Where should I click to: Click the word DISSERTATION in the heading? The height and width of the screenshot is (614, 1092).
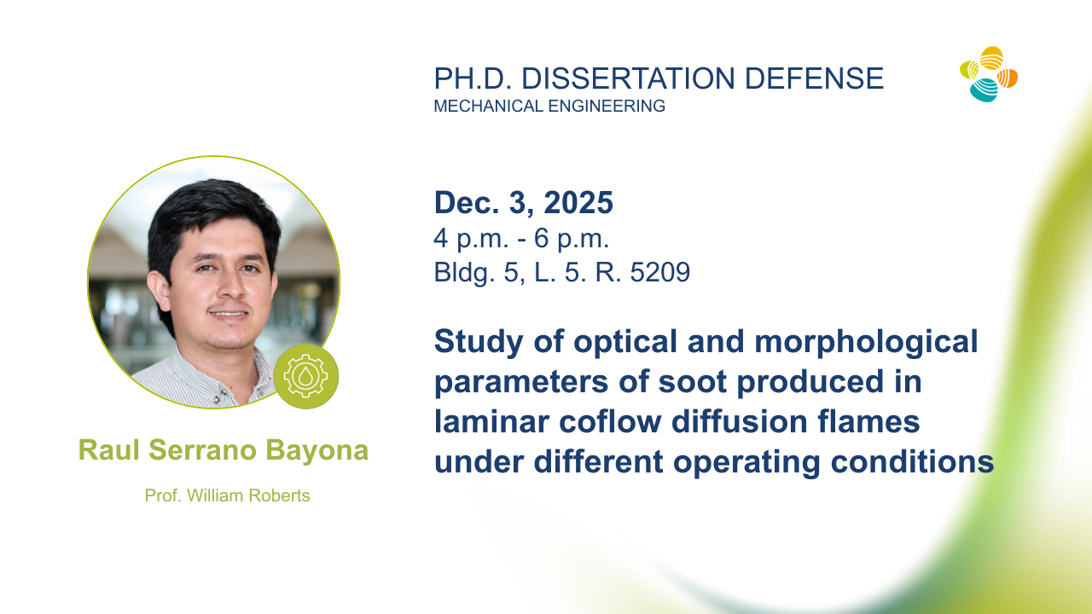point(628,78)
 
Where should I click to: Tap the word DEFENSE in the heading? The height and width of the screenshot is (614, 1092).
point(814,78)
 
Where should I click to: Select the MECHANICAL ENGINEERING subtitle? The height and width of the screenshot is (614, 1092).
point(549,106)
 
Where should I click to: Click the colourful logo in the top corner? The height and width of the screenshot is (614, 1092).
point(989,74)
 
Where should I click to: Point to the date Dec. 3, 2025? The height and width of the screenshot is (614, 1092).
point(524,202)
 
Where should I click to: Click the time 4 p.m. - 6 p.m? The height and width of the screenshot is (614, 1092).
point(521,239)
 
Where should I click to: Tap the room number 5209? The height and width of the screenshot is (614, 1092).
point(660,272)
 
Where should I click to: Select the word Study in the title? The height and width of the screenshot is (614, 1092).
point(479,342)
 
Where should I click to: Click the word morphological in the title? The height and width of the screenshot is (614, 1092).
point(866,342)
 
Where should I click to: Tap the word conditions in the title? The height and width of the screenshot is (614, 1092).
point(912,461)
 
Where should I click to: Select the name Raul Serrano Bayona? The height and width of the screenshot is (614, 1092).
point(224,449)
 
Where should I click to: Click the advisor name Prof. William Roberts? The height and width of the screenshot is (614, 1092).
point(227,495)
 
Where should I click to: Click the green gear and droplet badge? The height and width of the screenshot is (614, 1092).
point(305,376)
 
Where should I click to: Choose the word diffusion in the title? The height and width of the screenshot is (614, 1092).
point(740,421)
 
